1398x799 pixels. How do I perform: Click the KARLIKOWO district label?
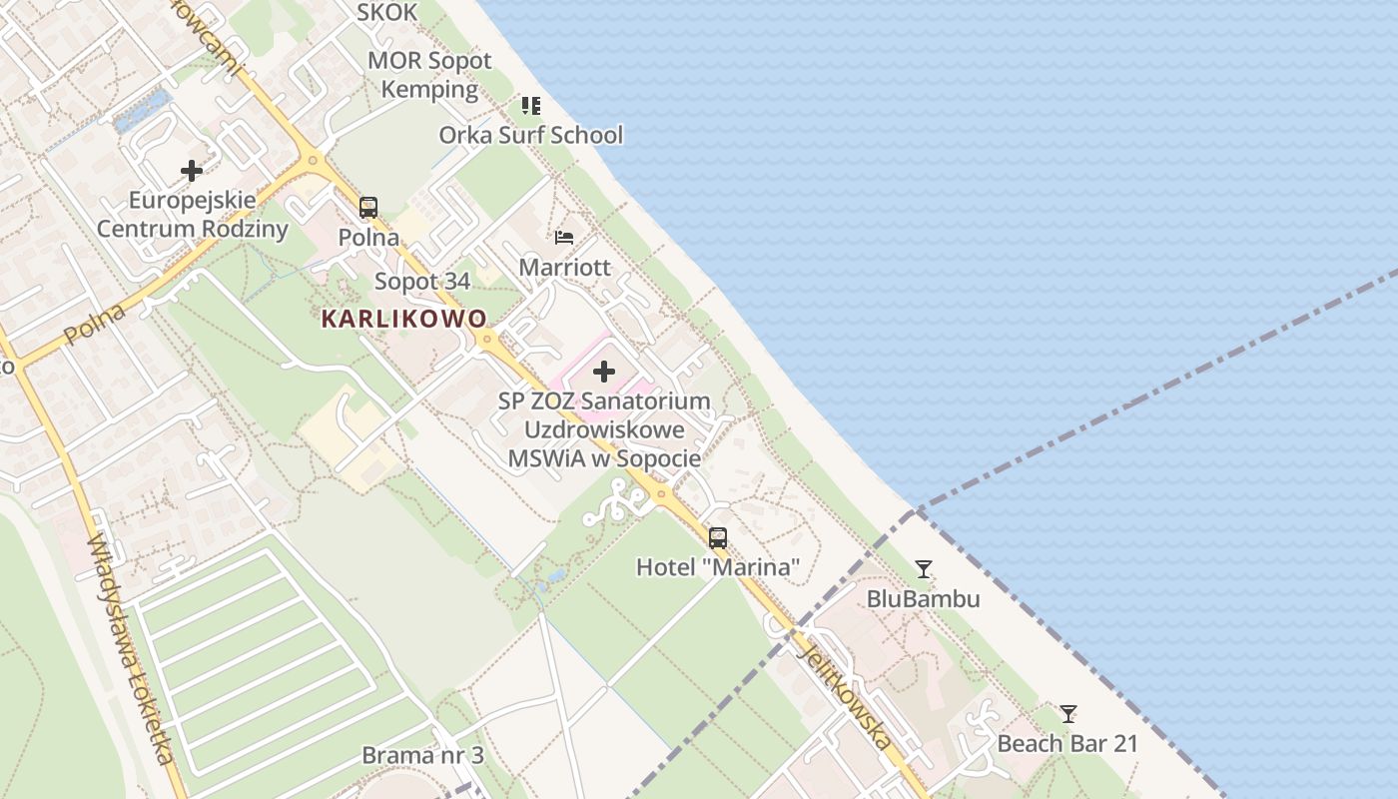tap(404, 320)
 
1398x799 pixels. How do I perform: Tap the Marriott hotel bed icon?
tap(564, 238)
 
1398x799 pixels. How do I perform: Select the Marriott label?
tap(564, 268)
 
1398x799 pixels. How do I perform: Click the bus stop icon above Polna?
tap(368, 208)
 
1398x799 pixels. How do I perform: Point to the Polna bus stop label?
tap(368, 238)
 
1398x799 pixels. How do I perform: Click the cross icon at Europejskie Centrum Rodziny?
tap(192, 171)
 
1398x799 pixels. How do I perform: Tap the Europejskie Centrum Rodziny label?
tap(192, 215)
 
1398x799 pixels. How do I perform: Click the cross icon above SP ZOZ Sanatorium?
tap(604, 373)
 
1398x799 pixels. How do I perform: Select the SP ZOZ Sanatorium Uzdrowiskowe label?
tap(604, 429)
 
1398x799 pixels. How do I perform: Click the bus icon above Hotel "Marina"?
tap(718, 538)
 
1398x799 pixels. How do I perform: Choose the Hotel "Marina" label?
tap(718, 568)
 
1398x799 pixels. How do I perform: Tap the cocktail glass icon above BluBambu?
tap(924, 569)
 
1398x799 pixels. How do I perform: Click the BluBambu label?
tap(924, 599)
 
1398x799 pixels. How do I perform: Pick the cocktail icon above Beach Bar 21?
tap(1068, 714)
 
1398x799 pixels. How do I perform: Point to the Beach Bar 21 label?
tap(1067, 744)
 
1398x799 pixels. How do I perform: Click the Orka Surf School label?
tap(531, 135)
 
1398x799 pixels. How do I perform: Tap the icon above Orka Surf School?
tap(531, 105)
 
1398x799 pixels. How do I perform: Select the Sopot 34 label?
tap(422, 282)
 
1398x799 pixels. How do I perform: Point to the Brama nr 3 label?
tap(422, 755)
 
